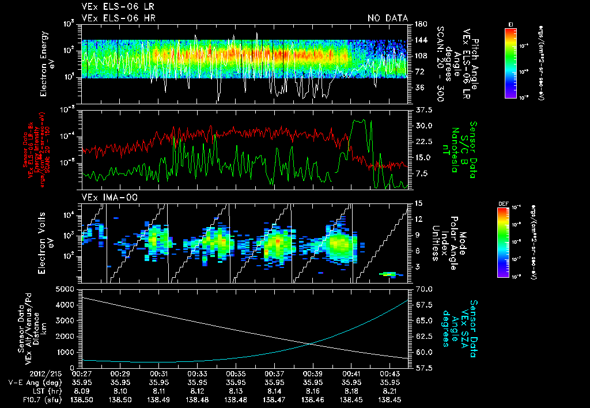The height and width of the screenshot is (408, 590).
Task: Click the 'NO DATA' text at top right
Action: (x=387, y=18)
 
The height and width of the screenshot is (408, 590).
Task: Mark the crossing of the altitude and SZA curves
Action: (x=312, y=344)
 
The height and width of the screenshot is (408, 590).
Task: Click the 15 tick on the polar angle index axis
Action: (x=418, y=203)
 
